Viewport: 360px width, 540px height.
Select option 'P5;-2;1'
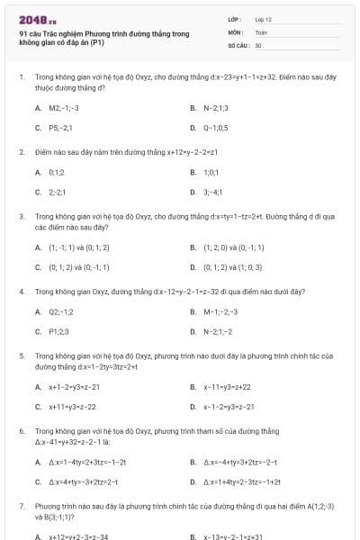(61, 128)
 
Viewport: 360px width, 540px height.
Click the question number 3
(22, 217)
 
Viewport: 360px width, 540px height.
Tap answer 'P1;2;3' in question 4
(59, 332)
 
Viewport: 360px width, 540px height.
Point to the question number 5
(22, 356)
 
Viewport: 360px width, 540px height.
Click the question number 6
(22, 431)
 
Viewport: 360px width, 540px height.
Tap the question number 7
(22, 507)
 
